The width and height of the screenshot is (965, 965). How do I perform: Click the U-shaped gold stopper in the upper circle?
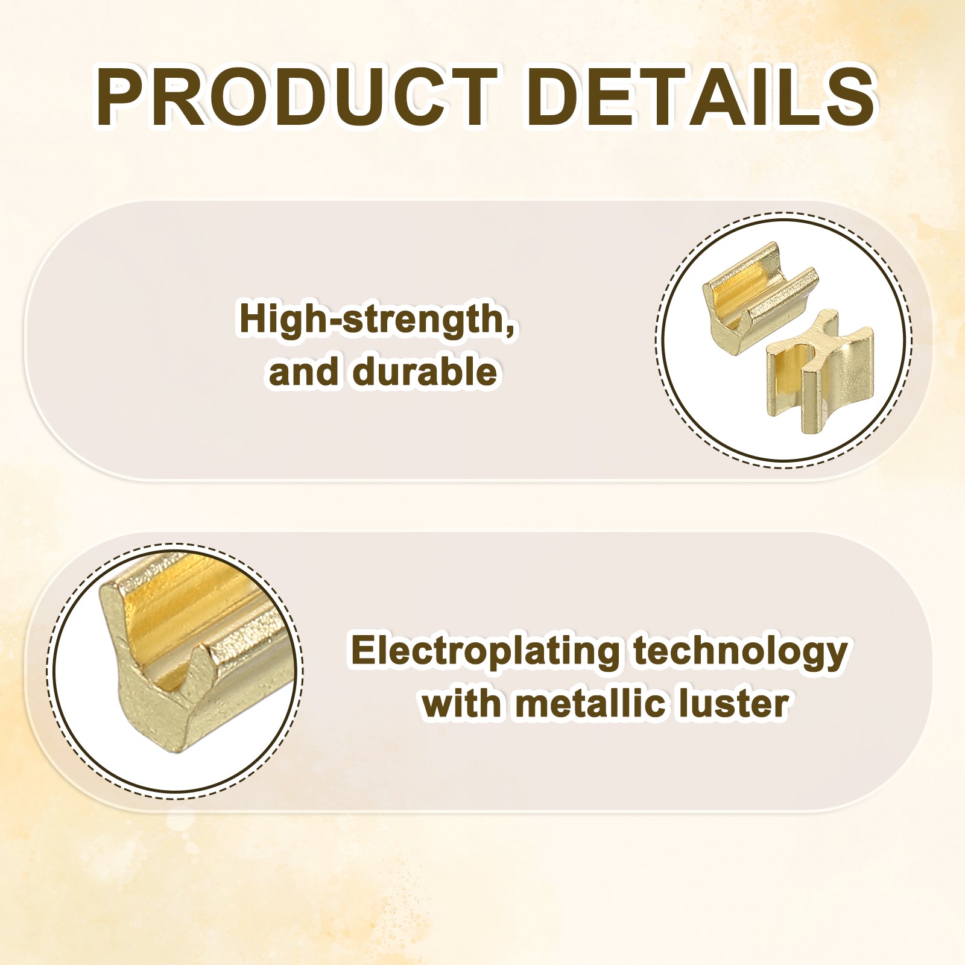pos(759,298)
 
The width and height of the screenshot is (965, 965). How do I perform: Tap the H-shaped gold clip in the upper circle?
pos(819,372)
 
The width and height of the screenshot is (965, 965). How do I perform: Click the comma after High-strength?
pos(510,328)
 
